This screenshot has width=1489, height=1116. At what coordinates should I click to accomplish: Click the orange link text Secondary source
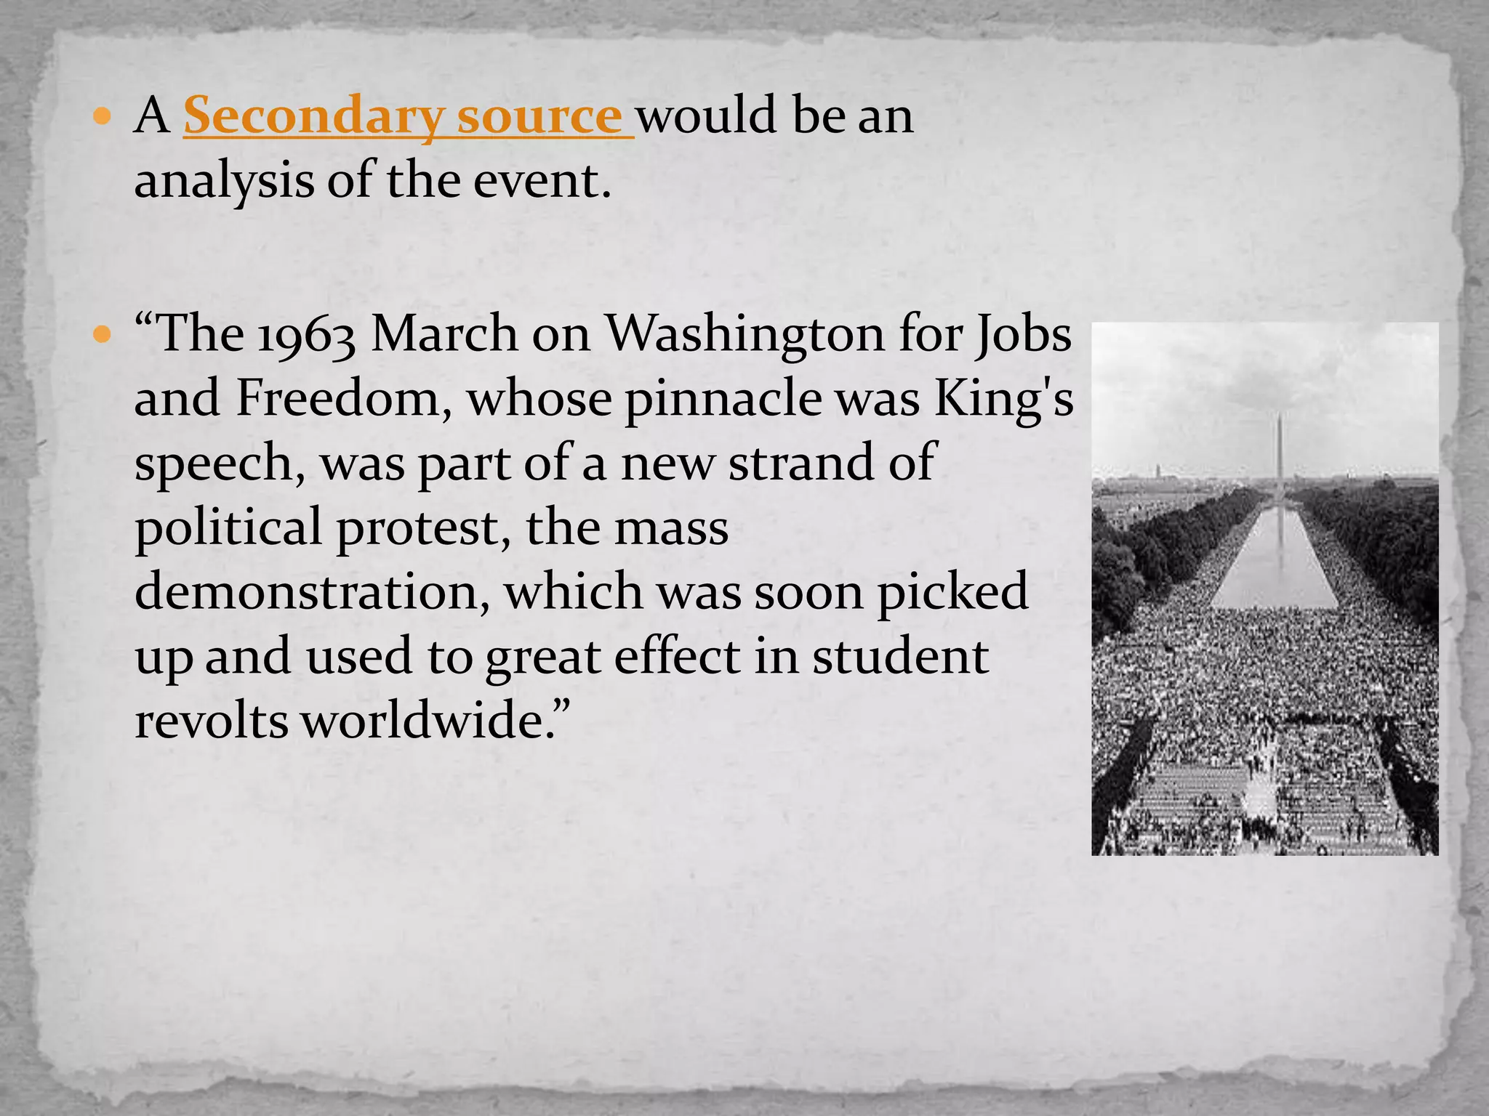pyautogui.click(x=407, y=116)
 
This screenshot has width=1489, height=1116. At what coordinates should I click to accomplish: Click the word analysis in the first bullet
pyautogui.click(x=224, y=182)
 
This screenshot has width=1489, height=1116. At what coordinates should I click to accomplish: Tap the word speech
pyautogui.click(x=219, y=464)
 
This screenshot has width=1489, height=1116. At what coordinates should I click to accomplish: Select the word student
pyautogui.click(x=899, y=656)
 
